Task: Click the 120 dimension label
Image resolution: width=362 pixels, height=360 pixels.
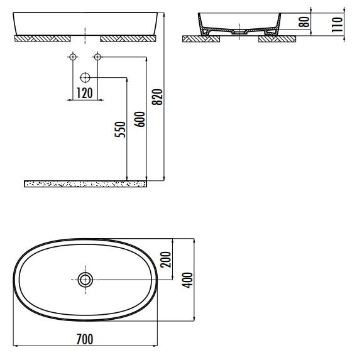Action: pyautogui.click(x=84, y=94)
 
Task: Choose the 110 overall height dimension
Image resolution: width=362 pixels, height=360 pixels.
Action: pyautogui.click(x=338, y=24)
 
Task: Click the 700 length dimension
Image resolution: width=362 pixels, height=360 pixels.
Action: pyautogui.click(x=84, y=339)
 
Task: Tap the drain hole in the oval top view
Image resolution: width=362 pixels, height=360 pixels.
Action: pyautogui.click(x=85, y=280)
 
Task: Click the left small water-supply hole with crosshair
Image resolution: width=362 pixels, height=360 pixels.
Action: pyautogui.click(x=72, y=58)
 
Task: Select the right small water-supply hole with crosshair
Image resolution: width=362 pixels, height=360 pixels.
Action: pyautogui.click(x=97, y=58)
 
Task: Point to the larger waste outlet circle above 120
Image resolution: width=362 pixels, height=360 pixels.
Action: pyautogui.click(x=85, y=78)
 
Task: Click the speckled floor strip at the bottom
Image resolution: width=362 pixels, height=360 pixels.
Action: pyautogui.click(x=85, y=183)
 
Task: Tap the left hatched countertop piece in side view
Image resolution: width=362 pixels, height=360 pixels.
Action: pyautogui.click(x=200, y=39)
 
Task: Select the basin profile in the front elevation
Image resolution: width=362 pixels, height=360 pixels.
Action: pyautogui.click(x=85, y=24)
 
